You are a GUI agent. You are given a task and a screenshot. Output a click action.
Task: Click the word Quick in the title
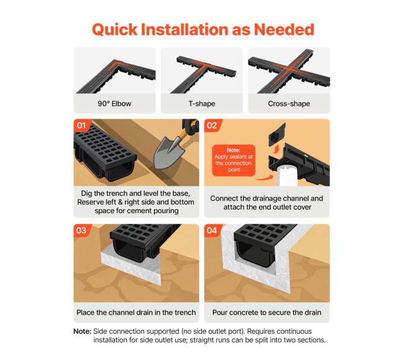pos(114,30)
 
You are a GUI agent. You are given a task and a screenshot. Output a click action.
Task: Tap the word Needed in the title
pos(284,29)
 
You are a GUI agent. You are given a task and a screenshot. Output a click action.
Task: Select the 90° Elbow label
pos(114,104)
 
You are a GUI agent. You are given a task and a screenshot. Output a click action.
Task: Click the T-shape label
pos(202,104)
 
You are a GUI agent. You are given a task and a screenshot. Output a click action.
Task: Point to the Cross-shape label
pos(289,104)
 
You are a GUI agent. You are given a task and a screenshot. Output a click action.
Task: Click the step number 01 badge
pos(81,126)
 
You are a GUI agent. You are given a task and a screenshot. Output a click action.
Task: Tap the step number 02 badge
pos(212,126)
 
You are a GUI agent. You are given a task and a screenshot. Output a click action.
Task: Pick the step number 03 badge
pos(81,230)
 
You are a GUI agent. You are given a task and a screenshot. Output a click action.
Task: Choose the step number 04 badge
pos(212,230)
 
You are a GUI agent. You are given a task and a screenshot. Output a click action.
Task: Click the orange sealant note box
pos(234,160)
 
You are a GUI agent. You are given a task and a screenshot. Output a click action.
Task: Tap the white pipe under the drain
pos(287,176)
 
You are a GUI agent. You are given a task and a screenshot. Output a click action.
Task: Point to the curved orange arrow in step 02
pos(265,178)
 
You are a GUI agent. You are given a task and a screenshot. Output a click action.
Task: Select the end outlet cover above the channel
pos(277,135)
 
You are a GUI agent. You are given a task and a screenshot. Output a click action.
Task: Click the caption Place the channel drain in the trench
pos(136,313)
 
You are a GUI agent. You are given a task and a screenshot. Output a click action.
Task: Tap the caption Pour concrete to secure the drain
pos(267,313)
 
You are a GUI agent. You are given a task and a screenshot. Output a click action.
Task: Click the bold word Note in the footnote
pos(82,331)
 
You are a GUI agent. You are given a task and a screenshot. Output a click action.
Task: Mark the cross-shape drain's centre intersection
pos(290,70)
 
